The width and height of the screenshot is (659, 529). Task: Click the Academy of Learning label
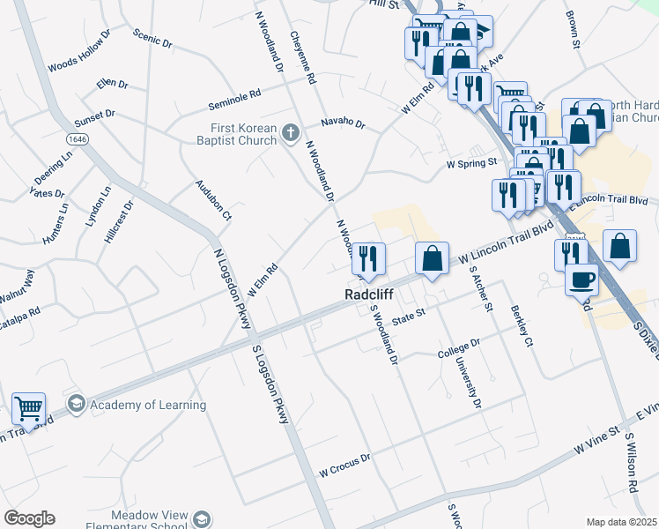148,405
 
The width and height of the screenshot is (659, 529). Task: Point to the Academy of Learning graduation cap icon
77,405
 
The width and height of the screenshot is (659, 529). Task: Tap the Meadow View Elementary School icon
203,518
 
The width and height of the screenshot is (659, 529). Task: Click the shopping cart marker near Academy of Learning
29,409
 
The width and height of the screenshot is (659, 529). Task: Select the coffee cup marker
581,280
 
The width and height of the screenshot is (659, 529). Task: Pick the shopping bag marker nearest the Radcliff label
432,259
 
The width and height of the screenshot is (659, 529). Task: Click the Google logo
29,518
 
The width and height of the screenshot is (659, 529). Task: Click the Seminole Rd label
234,100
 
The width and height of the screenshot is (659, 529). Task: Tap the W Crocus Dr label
345,464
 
